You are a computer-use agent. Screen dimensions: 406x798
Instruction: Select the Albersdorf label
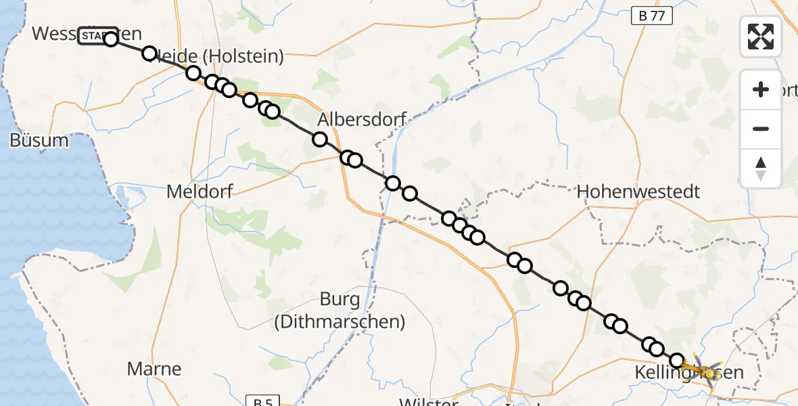(x=362, y=120)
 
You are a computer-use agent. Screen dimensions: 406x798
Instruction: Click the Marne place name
(x=154, y=369)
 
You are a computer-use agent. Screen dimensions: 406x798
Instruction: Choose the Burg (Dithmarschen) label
(x=339, y=311)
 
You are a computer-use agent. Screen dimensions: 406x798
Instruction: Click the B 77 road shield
(x=652, y=16)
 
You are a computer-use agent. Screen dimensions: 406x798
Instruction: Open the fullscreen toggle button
(x=761, y=37)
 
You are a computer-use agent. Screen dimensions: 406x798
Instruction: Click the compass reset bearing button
(x=761, y=168)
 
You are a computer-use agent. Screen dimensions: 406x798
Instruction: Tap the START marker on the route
(x=97, y=35)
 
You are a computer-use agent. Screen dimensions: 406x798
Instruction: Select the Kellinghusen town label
(x=699, y=372)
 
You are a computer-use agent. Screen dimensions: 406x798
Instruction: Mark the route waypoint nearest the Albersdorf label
(x=320, y=139)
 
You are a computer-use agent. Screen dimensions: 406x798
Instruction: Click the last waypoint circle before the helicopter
(x=677, y=360)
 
